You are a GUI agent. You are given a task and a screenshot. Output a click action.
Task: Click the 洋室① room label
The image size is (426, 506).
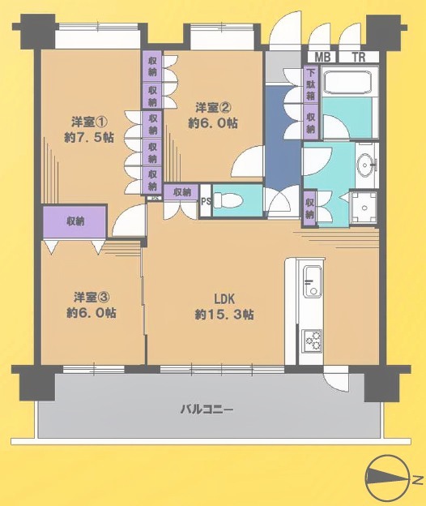[x=89, y=122]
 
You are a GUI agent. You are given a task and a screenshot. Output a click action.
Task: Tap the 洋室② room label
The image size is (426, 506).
[x=214, y=108]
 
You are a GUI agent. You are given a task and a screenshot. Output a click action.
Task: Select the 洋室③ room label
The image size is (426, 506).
[x=92, y=298]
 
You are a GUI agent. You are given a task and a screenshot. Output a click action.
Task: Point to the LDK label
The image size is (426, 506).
[x=224, y=299]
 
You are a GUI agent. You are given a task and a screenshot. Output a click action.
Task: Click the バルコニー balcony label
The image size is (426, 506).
[x=207, y=410]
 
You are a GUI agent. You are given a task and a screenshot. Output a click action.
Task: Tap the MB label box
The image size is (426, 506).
[x=322, y=57]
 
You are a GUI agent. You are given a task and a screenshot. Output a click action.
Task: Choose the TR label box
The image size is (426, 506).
[x=359, y=57]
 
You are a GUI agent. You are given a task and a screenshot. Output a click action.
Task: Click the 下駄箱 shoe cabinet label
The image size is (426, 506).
[x=311, y=84]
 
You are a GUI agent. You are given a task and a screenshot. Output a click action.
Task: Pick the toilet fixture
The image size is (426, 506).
[x=228, y=199]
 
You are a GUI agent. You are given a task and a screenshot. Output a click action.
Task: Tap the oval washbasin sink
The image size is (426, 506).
[x=366, y=165]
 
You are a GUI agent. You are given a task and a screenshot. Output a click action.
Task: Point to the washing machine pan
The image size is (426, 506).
[x=364, y=208]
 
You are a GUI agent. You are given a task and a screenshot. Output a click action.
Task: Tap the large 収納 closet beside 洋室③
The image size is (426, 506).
[x=75, y=221]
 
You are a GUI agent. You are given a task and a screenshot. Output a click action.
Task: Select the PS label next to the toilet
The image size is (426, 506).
[x=206, y=201]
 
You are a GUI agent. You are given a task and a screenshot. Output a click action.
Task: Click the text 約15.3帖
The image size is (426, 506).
[x=224, y=315]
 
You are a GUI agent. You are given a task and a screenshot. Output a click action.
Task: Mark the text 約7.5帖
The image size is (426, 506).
[x=89, y=138]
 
